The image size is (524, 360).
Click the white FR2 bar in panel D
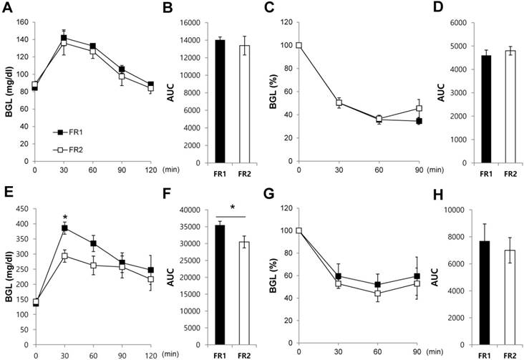tap(491, 107)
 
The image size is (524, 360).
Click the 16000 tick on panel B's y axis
tap(187, 22)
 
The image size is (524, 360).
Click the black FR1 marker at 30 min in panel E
tap(65, 228)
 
